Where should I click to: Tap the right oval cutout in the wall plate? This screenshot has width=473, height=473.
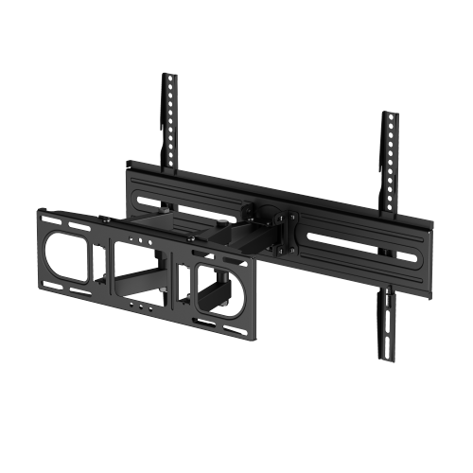coord(219,289)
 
